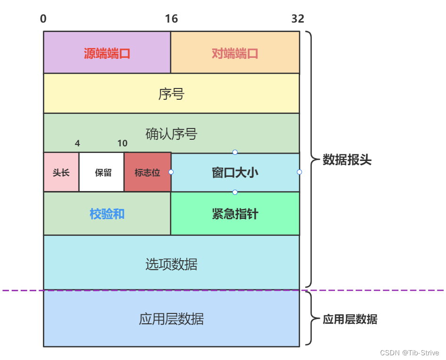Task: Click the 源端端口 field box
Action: tap(107, 53)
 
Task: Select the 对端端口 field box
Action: tap(235, 53)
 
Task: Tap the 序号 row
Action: tap(171, 94)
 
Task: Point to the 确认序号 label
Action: tap(171, 134)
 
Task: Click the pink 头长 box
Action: tap(61, 173)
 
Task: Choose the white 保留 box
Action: tap(102, 173)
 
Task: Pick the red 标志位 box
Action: tap(147, 173)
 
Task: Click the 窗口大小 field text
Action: tap(235, 173)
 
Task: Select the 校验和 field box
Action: tap(107, 214)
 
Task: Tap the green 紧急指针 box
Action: tap(235, 214)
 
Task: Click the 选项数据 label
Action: tap(171, 264)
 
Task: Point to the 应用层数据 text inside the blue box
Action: tap(171, 319)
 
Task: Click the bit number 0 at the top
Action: tap(43, 19)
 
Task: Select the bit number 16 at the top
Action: tap(171, 19)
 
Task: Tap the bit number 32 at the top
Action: tap(298, 19)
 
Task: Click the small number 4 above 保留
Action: tap(77, 143)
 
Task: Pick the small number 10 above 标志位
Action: tap(122, 143)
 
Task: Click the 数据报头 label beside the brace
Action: tap(347, 160)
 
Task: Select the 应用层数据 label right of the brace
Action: tap(350, 320)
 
